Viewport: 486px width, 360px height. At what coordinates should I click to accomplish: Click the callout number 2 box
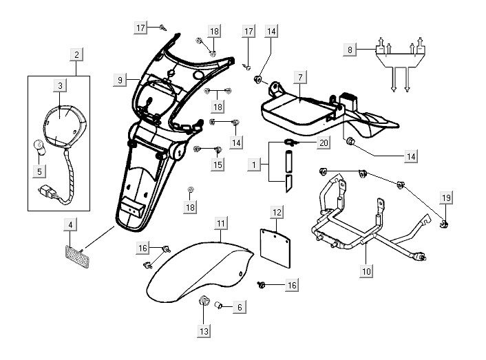76,54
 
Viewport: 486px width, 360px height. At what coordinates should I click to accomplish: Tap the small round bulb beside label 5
40,146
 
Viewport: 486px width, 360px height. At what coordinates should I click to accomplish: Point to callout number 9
120,81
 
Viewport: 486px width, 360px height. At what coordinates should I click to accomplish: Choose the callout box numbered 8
350,50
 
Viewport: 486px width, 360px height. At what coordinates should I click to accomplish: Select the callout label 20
323,142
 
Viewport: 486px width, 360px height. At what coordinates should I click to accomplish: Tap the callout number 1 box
255,166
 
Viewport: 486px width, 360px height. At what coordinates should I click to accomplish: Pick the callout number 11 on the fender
220,224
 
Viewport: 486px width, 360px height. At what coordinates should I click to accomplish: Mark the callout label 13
203,331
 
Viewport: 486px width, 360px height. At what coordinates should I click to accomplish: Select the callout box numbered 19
446,199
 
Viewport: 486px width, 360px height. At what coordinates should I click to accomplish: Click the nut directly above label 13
204,301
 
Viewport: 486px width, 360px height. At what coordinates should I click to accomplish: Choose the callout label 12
276,213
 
